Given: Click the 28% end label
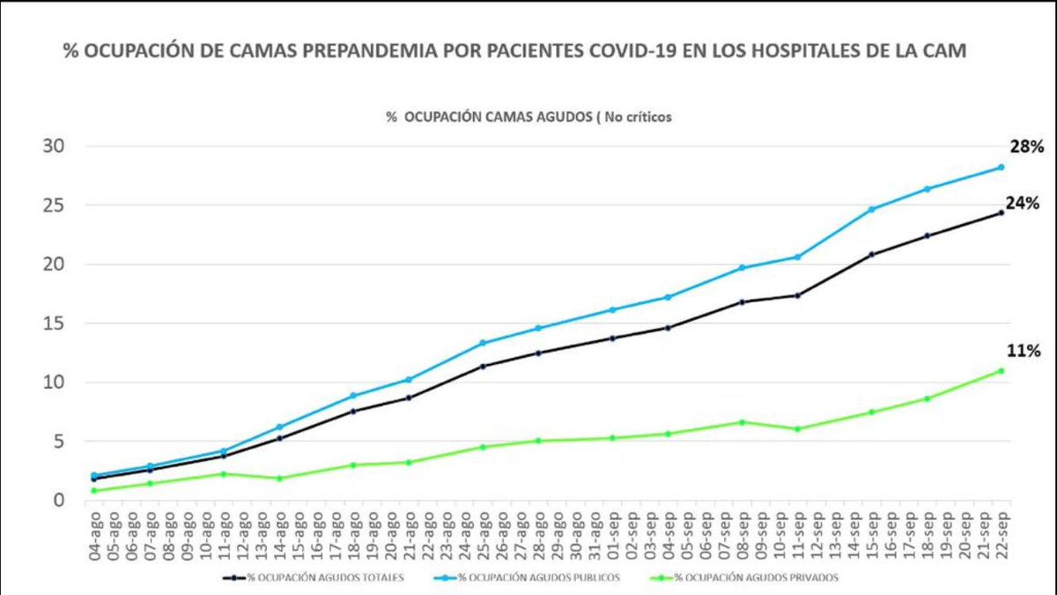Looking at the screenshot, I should click(x=1025, y=148).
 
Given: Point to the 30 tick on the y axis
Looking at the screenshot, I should click(x=55, y=146).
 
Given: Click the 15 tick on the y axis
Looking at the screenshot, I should click(x=55, y=324).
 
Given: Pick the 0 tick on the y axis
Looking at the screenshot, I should click(x=60, y=501).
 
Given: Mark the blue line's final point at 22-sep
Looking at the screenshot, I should click(x=1001, y=167).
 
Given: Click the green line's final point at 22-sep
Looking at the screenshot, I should click(x=1001, y=370).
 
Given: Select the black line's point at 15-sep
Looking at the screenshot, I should click(x=871, y=255).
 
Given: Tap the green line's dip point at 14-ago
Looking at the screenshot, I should click(x=279, y=479).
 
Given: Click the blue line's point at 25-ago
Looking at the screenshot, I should click(x=483, y=343).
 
